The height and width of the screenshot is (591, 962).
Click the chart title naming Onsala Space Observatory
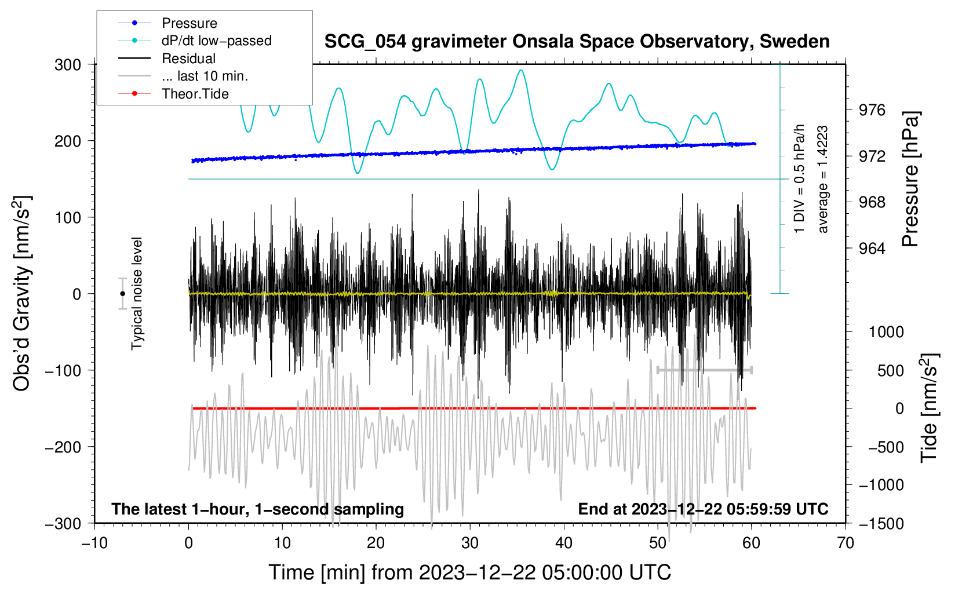click(x=577, y=42)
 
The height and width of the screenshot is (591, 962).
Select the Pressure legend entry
click(x=189, y=23)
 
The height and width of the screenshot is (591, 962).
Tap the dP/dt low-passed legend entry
click(x=216, y=41)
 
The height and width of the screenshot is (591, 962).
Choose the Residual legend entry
click(x=188, y=59)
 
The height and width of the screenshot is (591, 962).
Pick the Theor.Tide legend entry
click(x=195, y=94)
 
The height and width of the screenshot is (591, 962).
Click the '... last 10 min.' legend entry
click(x=205, y=76)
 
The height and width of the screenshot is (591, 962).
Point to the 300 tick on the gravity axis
click(x=68, y=64)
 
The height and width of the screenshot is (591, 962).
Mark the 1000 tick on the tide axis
click(x=886, y=332)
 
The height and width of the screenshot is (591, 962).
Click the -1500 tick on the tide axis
click(x=881, y=523)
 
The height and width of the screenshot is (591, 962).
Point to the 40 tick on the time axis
click(x=564, y=543)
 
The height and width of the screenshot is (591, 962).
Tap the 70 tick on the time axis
click(x=846, y=543)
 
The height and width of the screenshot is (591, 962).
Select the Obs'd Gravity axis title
click(x=22, y=293)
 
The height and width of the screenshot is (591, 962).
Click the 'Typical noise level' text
click(x=137, y=293)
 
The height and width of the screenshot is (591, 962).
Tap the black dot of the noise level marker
click(x=122, y=294)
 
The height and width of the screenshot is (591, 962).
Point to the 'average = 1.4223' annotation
click(x=823, y=180)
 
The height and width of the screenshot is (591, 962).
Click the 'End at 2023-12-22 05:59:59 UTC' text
click(x=703, y=509)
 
